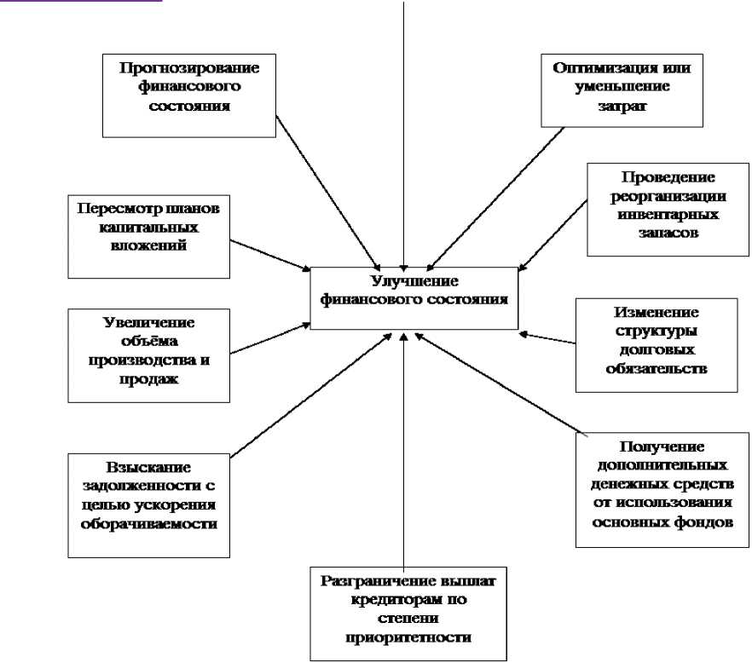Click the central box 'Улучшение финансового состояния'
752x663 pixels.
point(414,298)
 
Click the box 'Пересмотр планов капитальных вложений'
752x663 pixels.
point(148,237)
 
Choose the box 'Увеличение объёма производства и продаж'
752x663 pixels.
point(148,355)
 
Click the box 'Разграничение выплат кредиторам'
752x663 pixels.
point(408,613)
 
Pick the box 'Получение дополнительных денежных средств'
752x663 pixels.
point(662,489)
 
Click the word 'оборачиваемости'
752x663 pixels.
point(148,524)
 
